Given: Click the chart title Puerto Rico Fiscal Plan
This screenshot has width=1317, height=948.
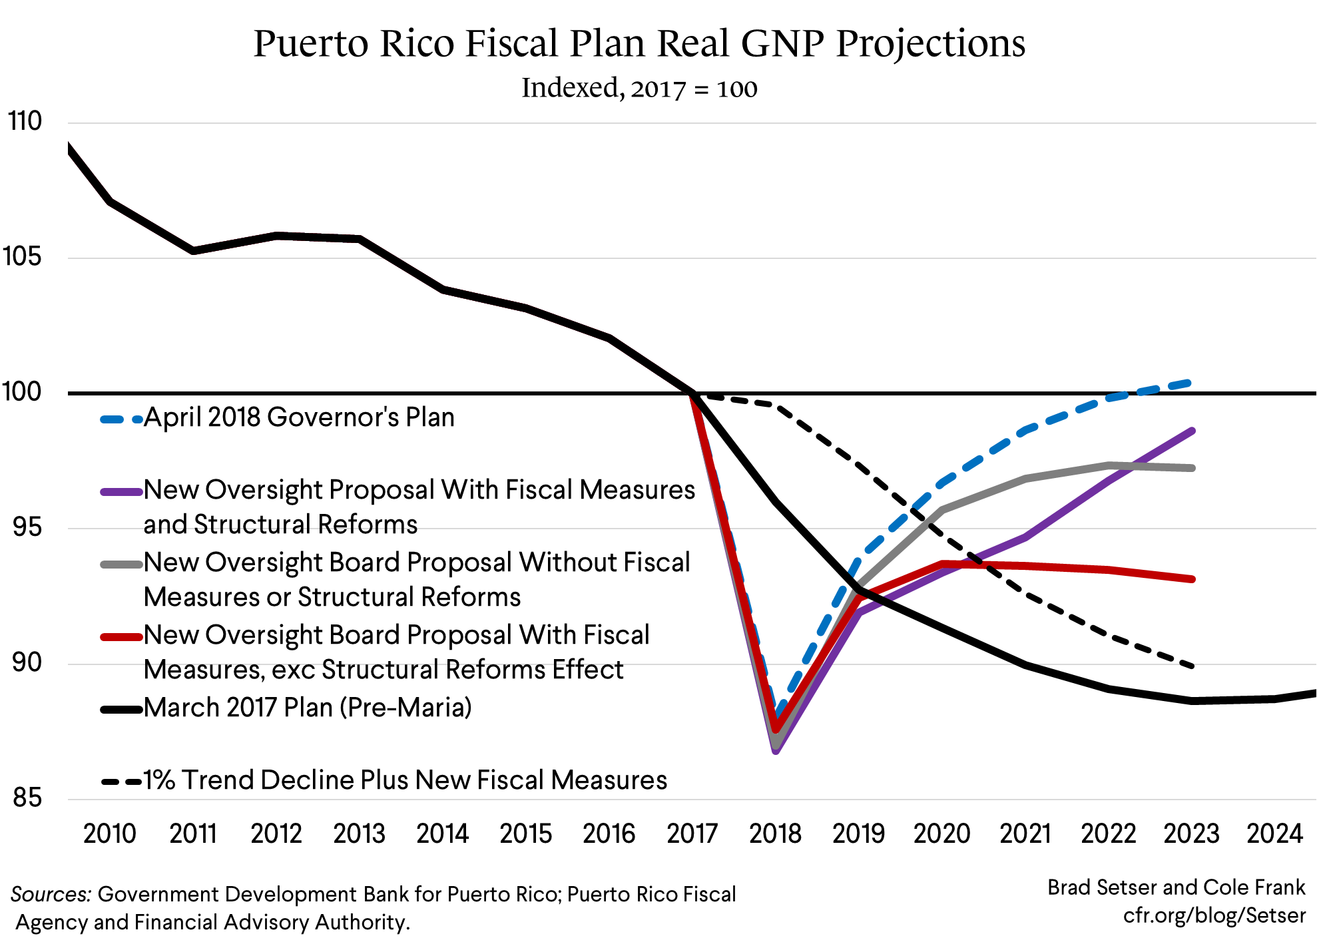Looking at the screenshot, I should (x=639, y=44).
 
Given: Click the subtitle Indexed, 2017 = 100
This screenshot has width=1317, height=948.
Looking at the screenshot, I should (x=639, y=89).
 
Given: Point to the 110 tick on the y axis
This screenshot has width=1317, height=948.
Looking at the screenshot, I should (x=25, y=122).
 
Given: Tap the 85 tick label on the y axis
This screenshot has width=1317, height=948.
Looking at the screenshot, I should (x=27, y=798).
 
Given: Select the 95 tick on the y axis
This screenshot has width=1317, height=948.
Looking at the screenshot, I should (x=27, y=527).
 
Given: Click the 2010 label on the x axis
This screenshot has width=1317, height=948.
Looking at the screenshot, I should (x=109, y=833).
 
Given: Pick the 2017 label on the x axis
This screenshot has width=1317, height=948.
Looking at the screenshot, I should (x=692, y=833).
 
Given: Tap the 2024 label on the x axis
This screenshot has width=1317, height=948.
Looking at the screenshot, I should (x=1274, y=833).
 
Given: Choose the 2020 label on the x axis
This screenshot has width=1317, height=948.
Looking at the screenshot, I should (x=941, y=833).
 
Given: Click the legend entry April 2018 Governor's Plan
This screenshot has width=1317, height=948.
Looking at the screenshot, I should (x=299, y=418).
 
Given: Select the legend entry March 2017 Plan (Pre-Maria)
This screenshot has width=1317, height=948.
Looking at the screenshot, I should (x=308, y=708).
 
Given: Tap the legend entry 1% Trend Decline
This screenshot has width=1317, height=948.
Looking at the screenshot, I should (x=405, y=780).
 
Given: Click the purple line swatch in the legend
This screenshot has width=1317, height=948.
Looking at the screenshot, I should (x=122, y=492).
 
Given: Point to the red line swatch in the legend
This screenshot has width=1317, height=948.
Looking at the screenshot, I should (x=122, y=637).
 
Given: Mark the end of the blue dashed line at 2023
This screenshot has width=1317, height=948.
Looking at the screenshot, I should (x=1190, y=383).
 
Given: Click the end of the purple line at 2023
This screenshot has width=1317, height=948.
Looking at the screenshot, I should (x=1192, y=431).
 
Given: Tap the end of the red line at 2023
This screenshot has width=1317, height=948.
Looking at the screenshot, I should (x=1192, y=579).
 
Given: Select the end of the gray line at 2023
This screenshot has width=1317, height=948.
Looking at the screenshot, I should (x=1192, y=468).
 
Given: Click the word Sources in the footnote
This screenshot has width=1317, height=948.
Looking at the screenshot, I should (x=51, y=894).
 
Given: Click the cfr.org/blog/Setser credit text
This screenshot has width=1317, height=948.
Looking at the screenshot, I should (x=1214, y=916).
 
